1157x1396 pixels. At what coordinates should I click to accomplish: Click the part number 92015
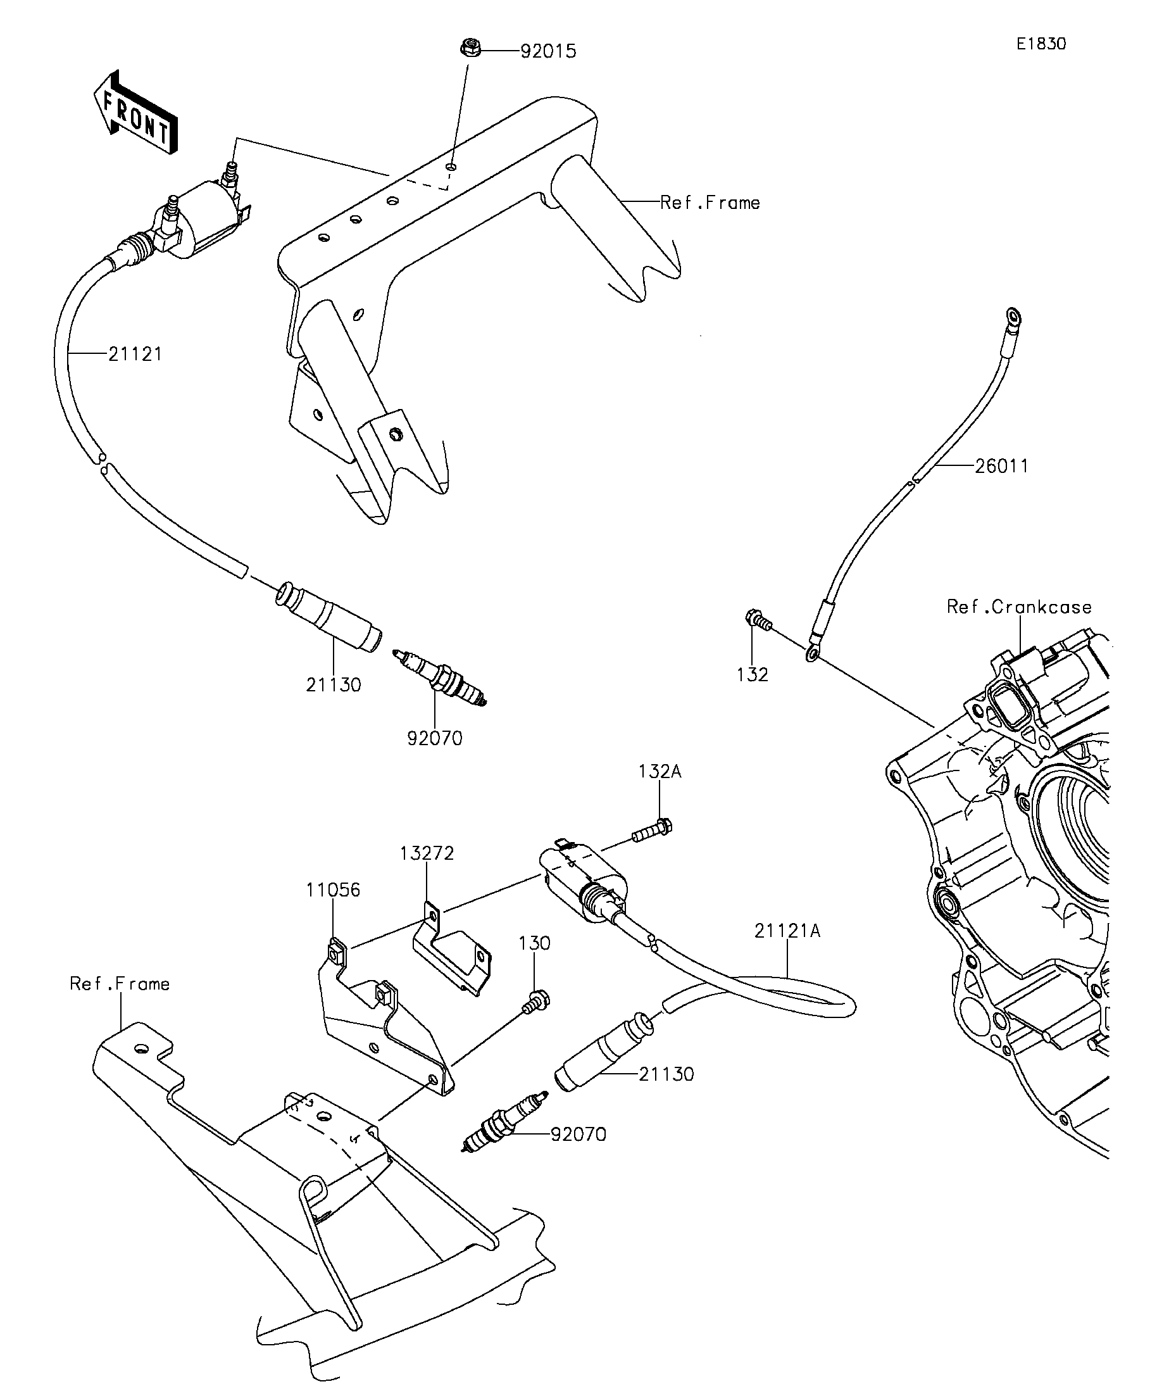point(548,51)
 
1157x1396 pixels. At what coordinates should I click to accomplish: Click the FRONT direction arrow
point(135,112)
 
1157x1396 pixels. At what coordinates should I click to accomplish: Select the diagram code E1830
point(1041,44)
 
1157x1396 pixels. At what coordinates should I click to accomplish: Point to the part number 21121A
point(787,931)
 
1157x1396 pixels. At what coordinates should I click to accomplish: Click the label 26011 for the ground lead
point(1001,466)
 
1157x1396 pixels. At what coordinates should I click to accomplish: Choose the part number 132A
point(660,771)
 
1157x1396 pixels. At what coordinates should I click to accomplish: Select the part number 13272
point(427,853)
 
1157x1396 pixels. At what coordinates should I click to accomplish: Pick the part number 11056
point(333,890)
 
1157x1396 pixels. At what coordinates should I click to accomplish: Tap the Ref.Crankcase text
point(1019,607)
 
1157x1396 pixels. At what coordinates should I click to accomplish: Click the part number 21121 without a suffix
point(135,355)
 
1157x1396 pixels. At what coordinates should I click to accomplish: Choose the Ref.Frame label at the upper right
point(710,203)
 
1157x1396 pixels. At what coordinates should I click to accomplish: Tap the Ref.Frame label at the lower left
point(120,984)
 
